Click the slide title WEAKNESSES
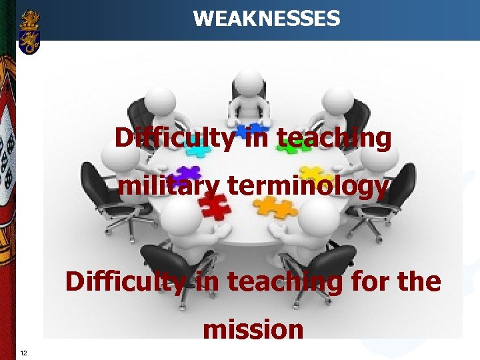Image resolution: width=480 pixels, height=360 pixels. [x=266, y=18]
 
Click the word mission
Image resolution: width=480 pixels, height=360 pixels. [x=253, y=329]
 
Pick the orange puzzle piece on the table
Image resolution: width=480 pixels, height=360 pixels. [x=276, y=207]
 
